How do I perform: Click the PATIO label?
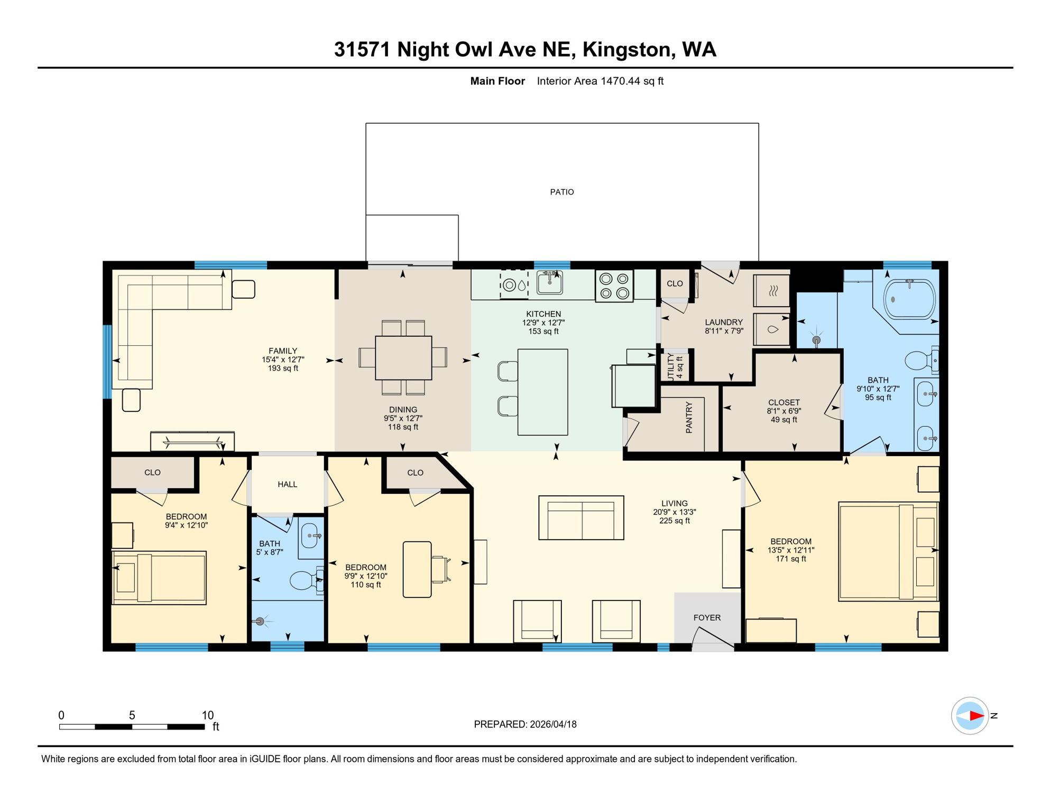coord(561,192)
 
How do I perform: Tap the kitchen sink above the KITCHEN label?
coord(549,282)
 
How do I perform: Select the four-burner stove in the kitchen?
coord(614,285)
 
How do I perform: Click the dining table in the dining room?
coord(403,358)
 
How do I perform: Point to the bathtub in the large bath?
coord(909,299)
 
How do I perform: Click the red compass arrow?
coord(976,716)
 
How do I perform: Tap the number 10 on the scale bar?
coord(208,715)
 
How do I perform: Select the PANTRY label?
coord(689,418)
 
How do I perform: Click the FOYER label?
coord(707,617)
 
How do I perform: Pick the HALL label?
coord(287,484)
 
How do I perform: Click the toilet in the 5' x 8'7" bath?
coord(306,580)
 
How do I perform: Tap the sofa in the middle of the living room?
coord(581,518)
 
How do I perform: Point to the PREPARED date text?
coord(525,724)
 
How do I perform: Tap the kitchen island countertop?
coord(543,392)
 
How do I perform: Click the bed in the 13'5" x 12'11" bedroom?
coord(888,551)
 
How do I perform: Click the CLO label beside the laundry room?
coord(675,283)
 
